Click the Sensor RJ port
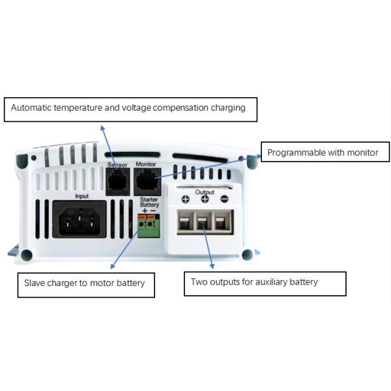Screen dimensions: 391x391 coord(117,181)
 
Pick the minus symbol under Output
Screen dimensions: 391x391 coord(224,199)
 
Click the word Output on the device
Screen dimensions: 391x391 coord(205,192)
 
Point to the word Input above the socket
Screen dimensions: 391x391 coord(81,195)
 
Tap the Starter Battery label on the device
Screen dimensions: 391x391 coord(149,202)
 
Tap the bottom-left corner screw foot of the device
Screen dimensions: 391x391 coord(27,255)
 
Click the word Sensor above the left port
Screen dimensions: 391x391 coord(117,166)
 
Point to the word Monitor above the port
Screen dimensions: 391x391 coord(145,166)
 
